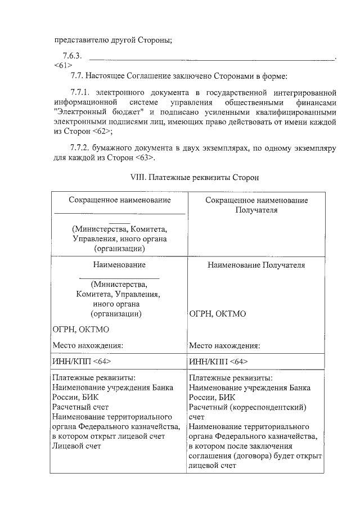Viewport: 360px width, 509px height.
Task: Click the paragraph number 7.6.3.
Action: (x=73, y=56)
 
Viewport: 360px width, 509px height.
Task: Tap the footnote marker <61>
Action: (x=62, y=65)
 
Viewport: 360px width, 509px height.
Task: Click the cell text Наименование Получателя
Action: (x=256, y=265)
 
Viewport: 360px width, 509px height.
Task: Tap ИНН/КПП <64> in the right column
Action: (x=218, y=361)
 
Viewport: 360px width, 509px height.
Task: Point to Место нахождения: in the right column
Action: (x=224, y=345)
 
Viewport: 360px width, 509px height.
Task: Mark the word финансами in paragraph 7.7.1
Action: (x=316, y=102)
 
